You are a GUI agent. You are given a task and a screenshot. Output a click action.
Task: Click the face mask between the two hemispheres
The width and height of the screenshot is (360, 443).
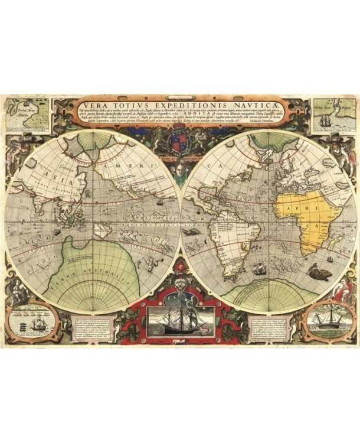tap(179, 168)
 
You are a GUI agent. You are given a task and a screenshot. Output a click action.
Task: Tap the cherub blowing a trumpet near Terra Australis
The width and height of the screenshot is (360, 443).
tap(153, 262)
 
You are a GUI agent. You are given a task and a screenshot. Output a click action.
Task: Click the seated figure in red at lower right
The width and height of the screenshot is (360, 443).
tap(342, 290)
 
